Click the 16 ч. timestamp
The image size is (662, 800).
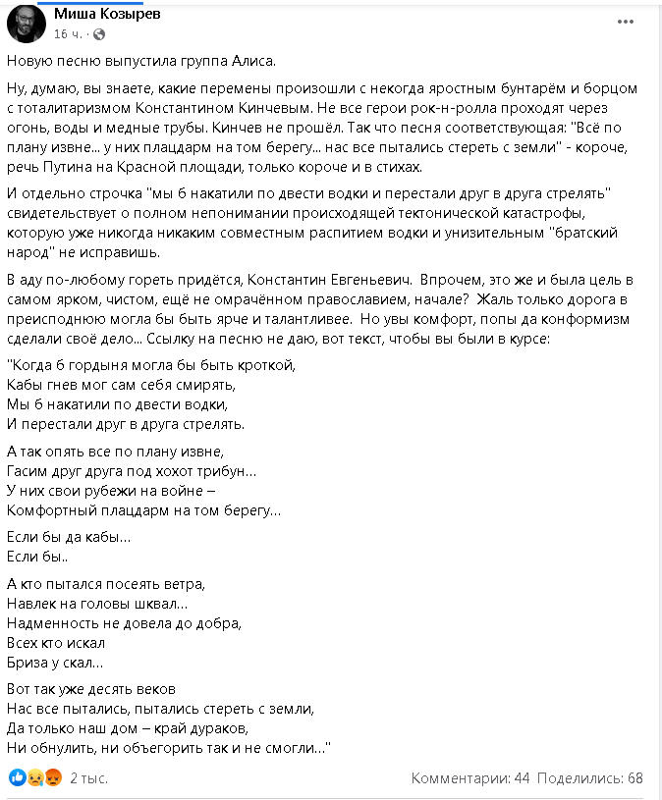pos(68,33)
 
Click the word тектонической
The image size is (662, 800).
pos(485,215)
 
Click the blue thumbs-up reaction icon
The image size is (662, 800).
pos(16,778)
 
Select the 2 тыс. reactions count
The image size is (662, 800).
pos(88,778)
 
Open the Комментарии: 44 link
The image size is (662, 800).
pos(470,778)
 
